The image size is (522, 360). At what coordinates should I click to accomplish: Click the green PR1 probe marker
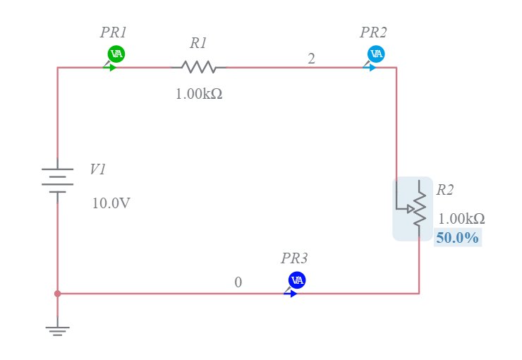[116, 54]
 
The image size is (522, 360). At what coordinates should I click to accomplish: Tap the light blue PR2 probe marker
[376, 54]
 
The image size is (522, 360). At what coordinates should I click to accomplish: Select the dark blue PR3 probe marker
[297, 280]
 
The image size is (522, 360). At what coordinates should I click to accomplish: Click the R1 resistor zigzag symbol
[198, 67]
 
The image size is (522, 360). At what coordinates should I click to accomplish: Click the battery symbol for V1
[57, 180]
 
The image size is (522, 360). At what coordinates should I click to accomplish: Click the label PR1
[113, 32]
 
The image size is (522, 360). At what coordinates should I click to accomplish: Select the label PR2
[373, 32]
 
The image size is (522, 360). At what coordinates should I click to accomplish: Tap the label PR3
[294, 258]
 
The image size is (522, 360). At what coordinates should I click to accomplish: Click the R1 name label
[198, 43]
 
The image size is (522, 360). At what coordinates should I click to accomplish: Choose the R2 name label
[445, 189]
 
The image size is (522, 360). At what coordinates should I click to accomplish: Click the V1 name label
[98, 169]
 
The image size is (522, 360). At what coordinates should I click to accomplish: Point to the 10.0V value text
[111, 203]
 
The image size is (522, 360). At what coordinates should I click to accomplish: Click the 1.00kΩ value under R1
[199, 93]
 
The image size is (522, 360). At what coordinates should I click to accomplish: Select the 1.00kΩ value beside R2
[461, 219]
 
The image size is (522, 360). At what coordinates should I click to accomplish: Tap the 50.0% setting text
[457, 238]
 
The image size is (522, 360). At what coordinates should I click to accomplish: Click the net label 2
[311, 59]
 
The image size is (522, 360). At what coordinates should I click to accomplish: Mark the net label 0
[238, 282]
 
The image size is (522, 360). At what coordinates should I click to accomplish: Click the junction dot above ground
[58, 293]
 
